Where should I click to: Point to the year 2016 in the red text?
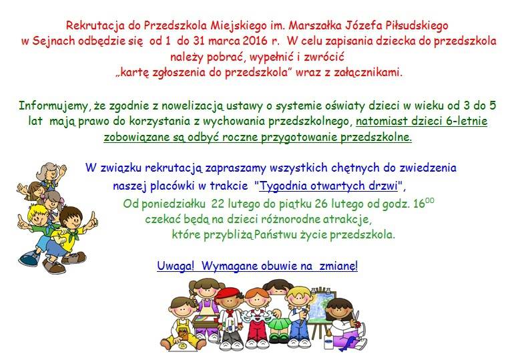[x=255, y=41]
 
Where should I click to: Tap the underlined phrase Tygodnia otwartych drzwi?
[x=328, y=186]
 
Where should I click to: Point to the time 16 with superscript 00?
[x=423, y=202]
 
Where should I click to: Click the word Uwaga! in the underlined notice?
[x=176, y=266]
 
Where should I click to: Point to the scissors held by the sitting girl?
[x=354, y=318]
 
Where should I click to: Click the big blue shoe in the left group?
[x=29, y=258]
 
